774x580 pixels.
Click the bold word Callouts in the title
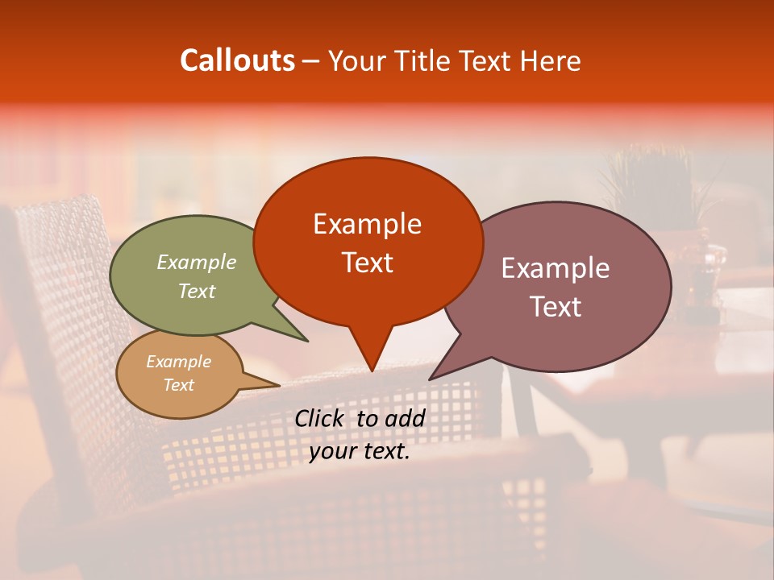(x=237, y=60)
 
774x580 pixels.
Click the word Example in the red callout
(x=367, y=224)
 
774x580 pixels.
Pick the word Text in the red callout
(x=367, y=263)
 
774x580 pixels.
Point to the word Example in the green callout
(x=197, y=262)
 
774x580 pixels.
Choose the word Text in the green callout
(x=197, y=291)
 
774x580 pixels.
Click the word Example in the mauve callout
(x=556, y=268)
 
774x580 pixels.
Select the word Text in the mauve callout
(x=556, y=307)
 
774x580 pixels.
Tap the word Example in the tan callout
(x=179, y=362)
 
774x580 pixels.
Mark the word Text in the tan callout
(x=179, y=385)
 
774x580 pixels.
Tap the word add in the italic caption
(x=406, y=417)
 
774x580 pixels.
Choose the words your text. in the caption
(x=360, y=452)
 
